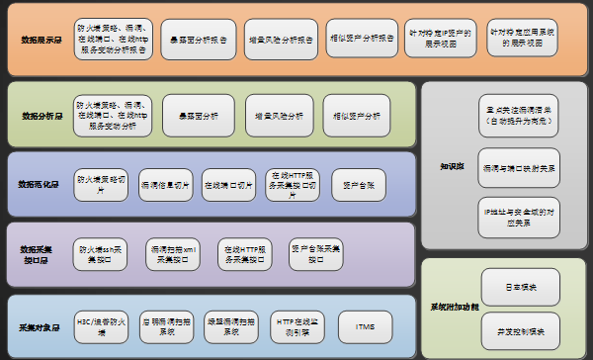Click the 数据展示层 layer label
42,42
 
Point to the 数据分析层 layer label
42,116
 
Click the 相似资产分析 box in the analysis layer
357,116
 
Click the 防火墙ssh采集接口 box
105,253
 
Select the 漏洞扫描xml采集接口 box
174,253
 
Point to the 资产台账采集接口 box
315,253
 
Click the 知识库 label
452,165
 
